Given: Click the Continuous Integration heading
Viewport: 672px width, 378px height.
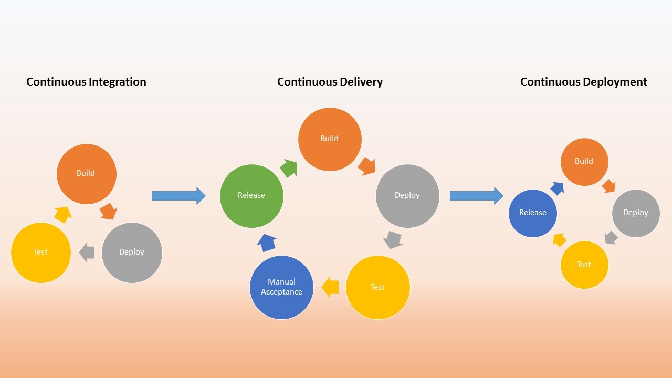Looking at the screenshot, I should (86, 82).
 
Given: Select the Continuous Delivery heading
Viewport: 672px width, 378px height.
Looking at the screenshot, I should (330, 82).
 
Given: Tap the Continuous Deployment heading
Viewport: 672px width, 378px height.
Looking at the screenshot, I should (583, 82).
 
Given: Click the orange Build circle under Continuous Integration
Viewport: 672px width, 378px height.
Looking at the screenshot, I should (86, 174).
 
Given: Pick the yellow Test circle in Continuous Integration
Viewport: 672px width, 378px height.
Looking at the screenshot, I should (41, 253).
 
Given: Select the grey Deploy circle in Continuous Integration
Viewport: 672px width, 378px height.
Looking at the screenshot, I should (132, 253).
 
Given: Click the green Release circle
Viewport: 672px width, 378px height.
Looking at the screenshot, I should (251, 196).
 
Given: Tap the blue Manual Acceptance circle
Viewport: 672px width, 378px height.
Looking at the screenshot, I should (281, 287).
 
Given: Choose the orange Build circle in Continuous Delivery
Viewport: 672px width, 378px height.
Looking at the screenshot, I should (330, 139).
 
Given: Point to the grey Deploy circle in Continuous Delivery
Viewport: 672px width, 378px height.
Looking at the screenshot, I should (407, 196).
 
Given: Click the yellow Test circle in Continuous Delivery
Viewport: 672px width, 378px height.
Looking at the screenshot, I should (377, 287).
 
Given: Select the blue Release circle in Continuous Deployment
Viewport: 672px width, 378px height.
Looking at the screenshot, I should (533, 213).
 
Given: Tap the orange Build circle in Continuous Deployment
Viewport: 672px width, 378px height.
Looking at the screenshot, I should (584, 162).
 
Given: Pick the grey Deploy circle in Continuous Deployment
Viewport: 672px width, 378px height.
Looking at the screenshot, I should (636, 213).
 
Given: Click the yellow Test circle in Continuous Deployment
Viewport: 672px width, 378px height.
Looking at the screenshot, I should (584, 265).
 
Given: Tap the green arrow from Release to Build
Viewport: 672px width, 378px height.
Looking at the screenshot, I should (289, 168).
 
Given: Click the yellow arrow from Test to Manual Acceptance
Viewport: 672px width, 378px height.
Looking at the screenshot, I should (330, 287).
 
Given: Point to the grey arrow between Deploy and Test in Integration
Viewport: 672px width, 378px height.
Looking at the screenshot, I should (87, 253).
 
